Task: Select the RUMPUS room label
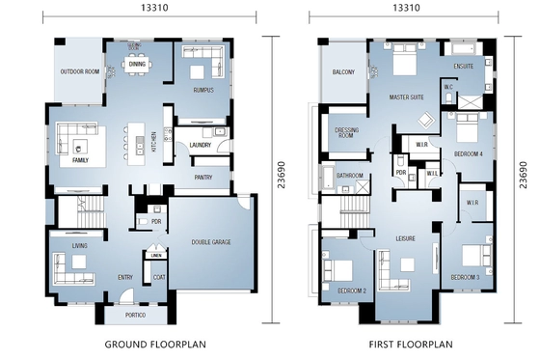[x=202, y=91]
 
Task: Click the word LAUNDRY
[x=201, y=146]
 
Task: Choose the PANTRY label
[x=203, y=178]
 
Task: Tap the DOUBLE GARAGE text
[x=211, y=242]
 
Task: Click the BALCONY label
[x=343, y=73]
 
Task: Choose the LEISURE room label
[x=404, y=237]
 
